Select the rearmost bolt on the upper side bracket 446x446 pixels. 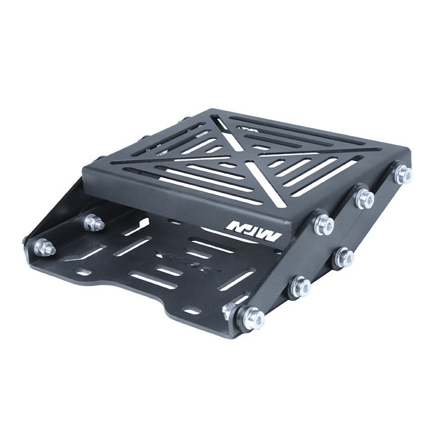click(x=403, y=174)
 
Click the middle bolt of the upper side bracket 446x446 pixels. click(x=365, y=199)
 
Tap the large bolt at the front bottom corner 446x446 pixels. click(x=252, y=319)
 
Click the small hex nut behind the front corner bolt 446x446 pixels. click(x=229, y=309)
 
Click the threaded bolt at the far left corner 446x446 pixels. click(x=43, y=247)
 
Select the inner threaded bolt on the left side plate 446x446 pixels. click(x=93, y=223)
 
